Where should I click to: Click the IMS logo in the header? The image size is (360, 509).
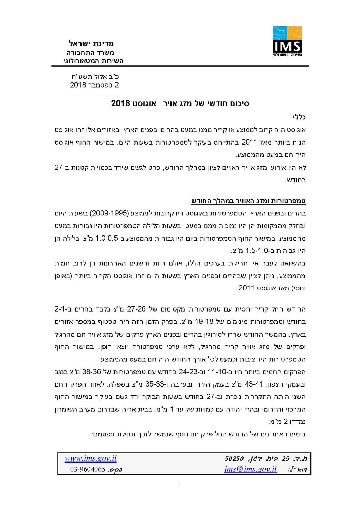click(287, 41)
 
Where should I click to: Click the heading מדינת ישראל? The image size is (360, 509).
click(91, 44)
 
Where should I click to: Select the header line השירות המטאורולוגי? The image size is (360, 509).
click(93, 61)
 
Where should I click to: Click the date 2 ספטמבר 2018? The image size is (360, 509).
click(94, 85)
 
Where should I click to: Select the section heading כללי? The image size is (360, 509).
click(299, 117)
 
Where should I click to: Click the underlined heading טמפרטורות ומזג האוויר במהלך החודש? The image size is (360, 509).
click(248, 201)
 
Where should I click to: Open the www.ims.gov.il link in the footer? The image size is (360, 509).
click(91, 458)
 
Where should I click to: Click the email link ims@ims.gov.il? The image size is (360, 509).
click(250, 469)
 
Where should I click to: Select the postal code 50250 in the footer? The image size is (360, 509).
click(234, 459)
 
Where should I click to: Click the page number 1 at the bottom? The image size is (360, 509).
click(180, 484)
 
